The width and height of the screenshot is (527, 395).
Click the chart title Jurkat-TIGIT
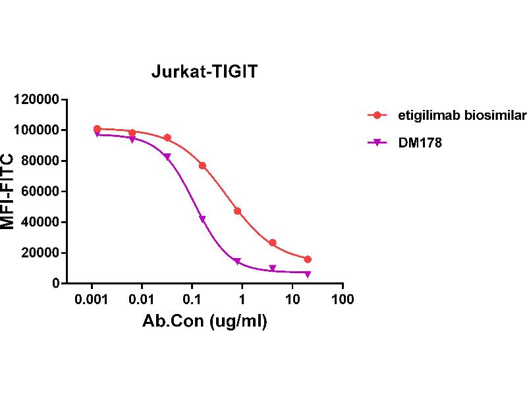pos(205,72)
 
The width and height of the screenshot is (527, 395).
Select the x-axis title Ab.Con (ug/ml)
pos(205,323)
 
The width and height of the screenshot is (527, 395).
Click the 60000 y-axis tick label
pos(41,192)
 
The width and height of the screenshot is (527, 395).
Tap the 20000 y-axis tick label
pos(41,253)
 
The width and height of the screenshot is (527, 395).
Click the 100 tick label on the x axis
pos(342,300)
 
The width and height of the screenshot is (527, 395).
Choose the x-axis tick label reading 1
pos(242,300)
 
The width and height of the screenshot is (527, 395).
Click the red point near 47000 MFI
pos(237,211)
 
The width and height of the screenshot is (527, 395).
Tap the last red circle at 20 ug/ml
pos(308,259)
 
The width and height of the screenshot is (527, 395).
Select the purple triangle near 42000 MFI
pos(202,219)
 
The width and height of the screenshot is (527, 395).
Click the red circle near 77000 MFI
pos(202,166)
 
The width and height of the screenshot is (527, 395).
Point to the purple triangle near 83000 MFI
pos(167,157)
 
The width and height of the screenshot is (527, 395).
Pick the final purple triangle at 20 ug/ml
pos(308,274)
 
